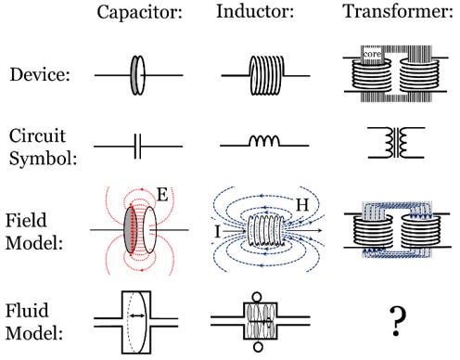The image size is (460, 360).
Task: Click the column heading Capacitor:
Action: [x=140, y=13]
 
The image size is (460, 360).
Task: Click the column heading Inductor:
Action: [x=255, y=11]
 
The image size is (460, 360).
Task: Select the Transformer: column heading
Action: [x=398, y=11]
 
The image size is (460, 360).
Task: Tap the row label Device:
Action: [x=40, y=74]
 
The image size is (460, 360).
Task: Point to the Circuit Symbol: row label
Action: [x=43, y=147]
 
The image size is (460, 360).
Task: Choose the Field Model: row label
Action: [x=34, y=231]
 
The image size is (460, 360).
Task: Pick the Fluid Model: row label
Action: [x=34, y=322]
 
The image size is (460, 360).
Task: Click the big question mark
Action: [x=397, y=322]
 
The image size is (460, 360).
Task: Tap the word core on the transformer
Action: [x=372, y=54]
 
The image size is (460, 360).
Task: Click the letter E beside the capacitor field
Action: [x=162, y=195]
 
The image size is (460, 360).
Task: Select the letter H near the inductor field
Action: [x=302, y=205]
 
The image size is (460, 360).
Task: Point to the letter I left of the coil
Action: [x=218, y=231]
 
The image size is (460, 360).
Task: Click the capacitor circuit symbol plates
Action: [x=137, y=147]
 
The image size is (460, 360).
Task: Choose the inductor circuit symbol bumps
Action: [x=264, y=141]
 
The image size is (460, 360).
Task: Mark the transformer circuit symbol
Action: [x=396, y=143]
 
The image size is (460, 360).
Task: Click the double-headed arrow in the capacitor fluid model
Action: [x=137, y=315]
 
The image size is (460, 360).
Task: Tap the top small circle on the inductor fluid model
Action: [x=257, y=298]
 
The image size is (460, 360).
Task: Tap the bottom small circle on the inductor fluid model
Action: [x=258, y=347]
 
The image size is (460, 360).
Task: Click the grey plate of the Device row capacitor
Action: [x=134, y=75]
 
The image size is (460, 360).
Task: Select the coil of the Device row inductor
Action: [x=266, y=75]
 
